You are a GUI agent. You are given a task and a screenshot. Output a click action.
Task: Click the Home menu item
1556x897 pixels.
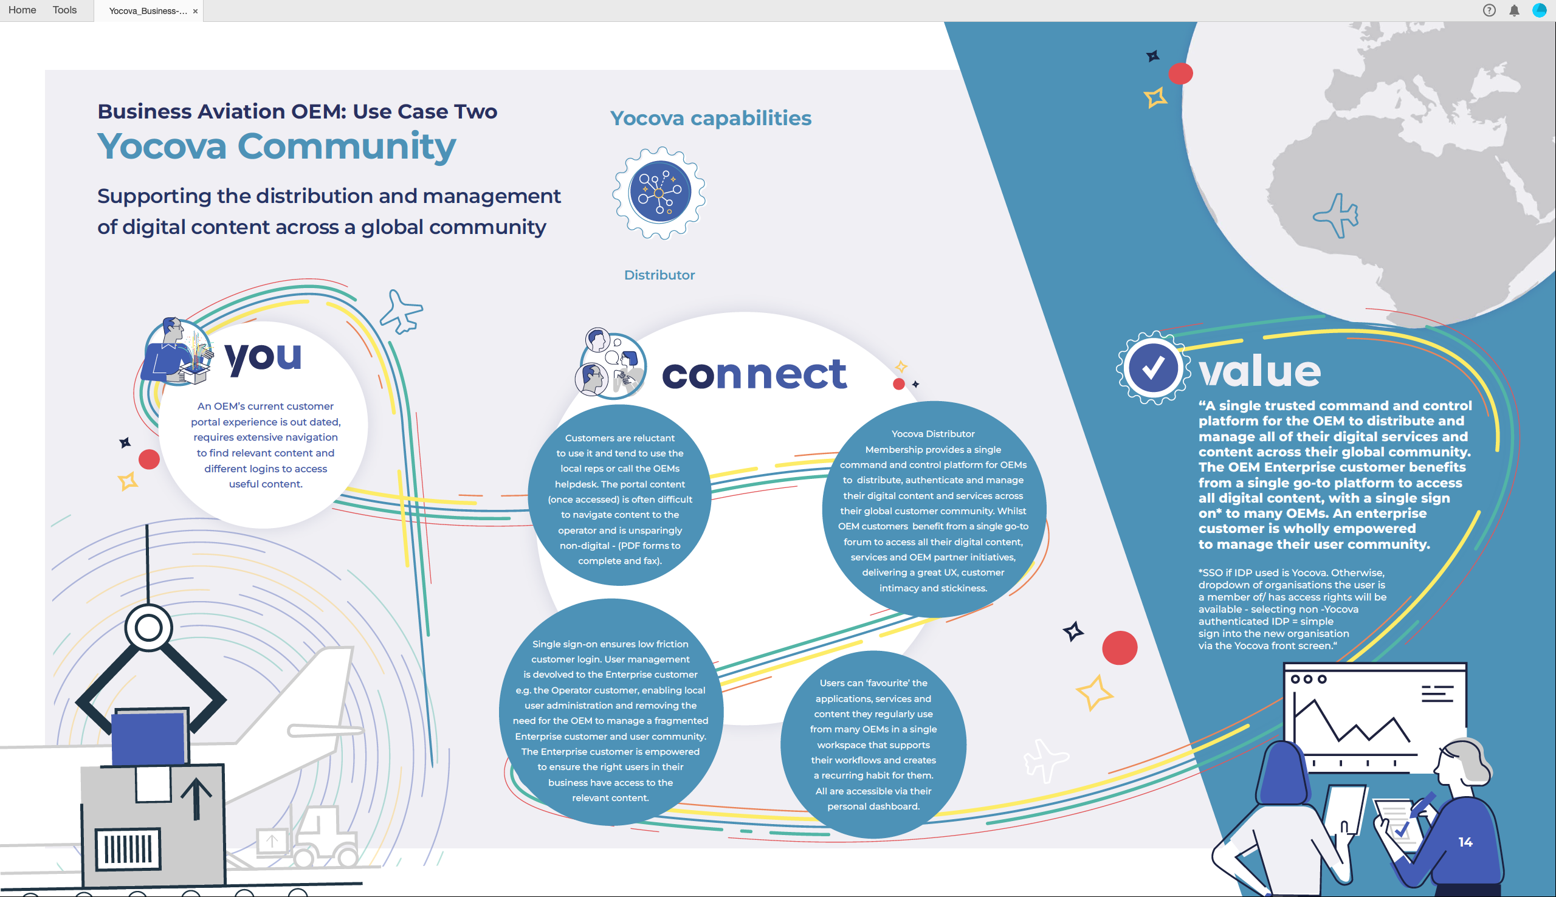22,10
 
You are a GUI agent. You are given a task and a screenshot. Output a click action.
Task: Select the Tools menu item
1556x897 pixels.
64,10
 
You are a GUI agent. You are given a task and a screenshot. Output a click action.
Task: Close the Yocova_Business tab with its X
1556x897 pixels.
195,11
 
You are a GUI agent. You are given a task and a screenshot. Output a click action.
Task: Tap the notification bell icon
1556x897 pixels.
1514,10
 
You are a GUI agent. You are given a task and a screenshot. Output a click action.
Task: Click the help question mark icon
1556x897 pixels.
1489,10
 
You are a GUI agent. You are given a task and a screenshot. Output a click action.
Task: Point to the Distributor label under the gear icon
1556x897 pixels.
659,275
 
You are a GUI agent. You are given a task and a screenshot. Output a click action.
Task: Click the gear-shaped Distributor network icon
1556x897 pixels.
659,193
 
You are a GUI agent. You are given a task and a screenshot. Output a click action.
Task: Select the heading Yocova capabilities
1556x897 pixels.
711,118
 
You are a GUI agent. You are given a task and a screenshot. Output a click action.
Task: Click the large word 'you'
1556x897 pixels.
263,357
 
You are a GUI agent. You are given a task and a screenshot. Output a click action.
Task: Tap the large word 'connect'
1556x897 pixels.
754,373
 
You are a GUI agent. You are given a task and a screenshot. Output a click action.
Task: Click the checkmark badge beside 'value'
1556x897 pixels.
1152,368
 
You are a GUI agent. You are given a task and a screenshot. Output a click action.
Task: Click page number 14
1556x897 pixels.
1465,842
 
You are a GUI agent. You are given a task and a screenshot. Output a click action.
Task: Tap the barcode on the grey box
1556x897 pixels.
128,848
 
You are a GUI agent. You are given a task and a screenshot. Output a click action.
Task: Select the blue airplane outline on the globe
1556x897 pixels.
1336,216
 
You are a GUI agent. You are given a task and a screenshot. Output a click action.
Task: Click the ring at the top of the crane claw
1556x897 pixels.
148,628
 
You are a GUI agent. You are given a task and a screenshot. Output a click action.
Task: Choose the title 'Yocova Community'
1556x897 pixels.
277,146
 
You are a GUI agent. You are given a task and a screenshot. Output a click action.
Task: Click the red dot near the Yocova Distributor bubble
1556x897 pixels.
899,385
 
